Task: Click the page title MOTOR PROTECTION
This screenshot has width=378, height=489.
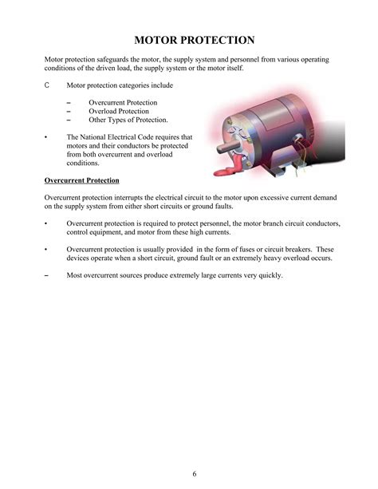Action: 194,39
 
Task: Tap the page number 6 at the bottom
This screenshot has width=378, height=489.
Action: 194,474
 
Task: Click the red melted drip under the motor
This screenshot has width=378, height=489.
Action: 234,168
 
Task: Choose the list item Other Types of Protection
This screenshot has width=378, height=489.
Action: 128,120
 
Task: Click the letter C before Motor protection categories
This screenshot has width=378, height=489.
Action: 47,85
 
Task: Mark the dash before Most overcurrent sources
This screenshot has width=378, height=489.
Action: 47,276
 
